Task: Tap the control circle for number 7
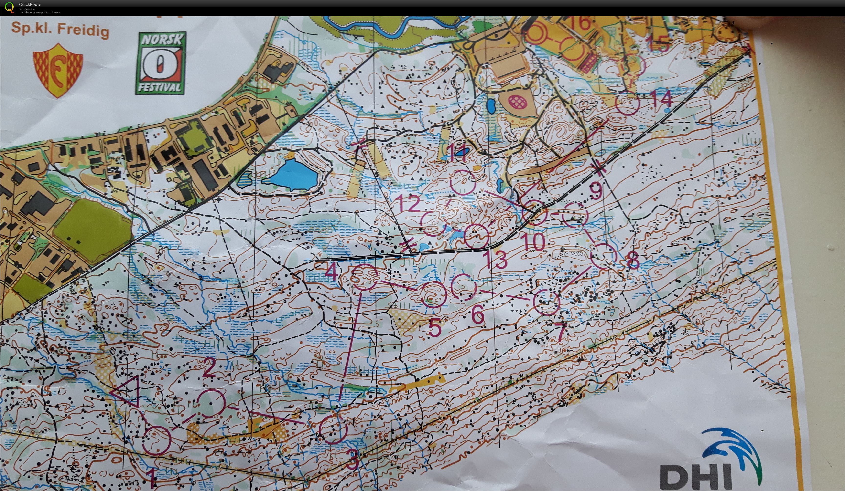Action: [x=546, y=302]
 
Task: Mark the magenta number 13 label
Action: [x=495, y=260]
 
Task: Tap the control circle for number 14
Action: [x=627, y=103]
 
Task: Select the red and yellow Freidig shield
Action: [x=58, y=70]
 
